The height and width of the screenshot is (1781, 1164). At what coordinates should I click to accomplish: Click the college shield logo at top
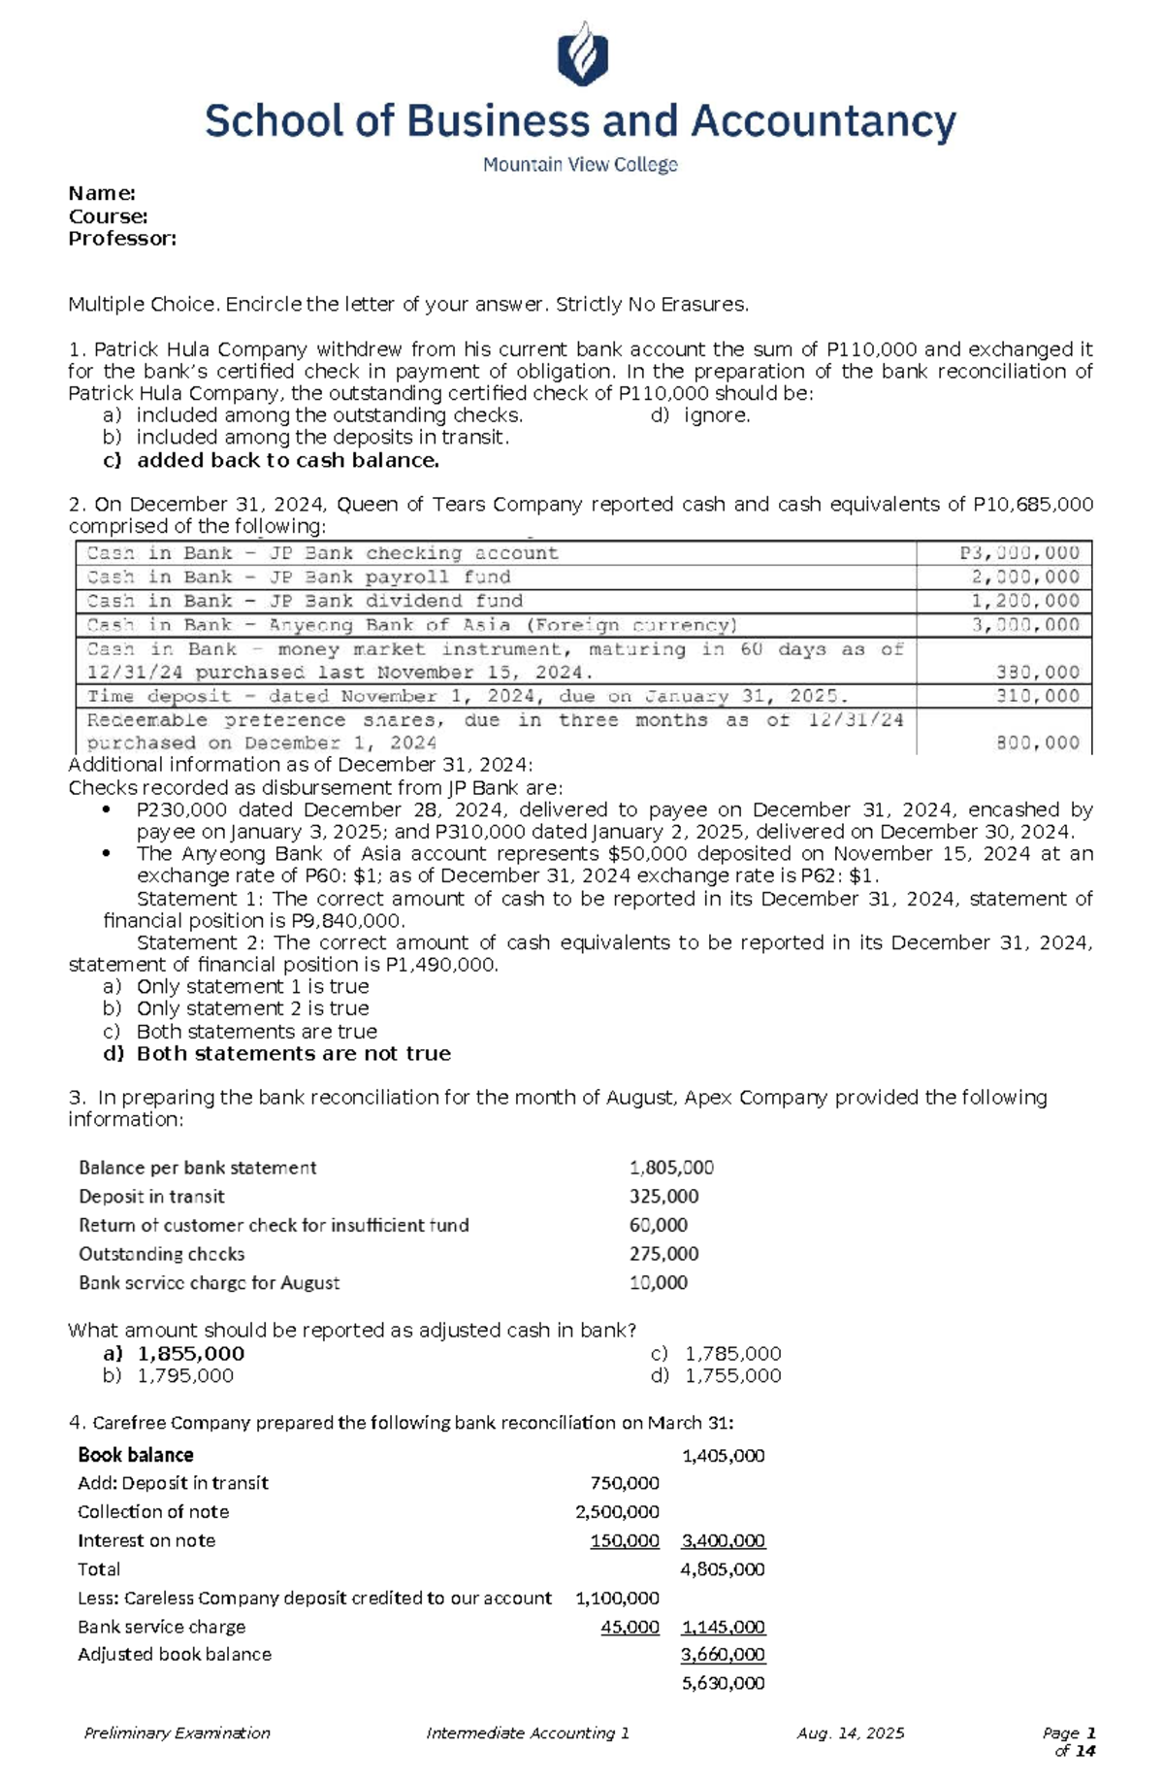(582, 54)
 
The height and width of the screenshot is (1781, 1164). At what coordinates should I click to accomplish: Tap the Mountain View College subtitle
(580, 165)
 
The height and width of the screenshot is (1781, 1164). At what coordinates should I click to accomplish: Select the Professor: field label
(122, 239)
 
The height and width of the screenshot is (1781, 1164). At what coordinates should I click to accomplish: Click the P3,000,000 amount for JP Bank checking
(1019, 553)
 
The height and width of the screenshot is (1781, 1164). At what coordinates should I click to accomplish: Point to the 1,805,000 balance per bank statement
(671, 1168)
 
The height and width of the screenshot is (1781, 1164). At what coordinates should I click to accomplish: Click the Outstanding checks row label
(161, 1254)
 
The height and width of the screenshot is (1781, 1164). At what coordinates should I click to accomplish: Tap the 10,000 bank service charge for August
(658, 1282)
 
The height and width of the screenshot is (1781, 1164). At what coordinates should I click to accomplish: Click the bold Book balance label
(135, 1455)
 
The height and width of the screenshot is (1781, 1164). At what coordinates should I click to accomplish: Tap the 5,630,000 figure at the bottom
(723, 1683)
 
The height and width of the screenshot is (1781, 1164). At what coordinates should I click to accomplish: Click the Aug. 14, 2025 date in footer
(850, 1732)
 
